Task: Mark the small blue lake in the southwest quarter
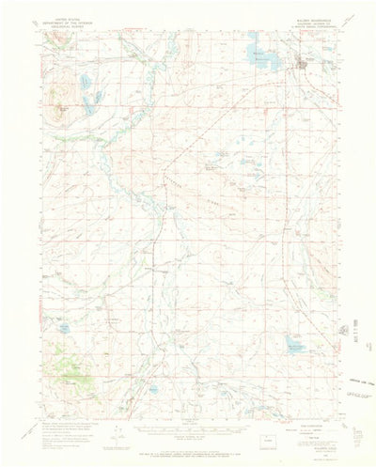63,329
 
